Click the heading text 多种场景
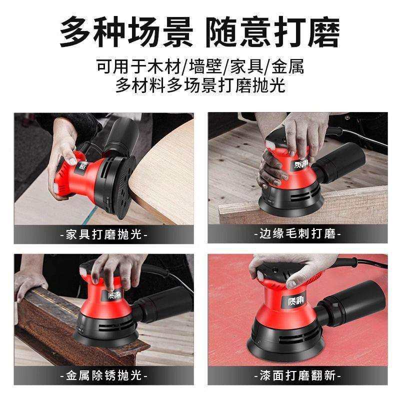[126, 33]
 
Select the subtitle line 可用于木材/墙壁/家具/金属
[200, 66]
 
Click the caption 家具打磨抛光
[103, 234]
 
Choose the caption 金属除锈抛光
[103, 375]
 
